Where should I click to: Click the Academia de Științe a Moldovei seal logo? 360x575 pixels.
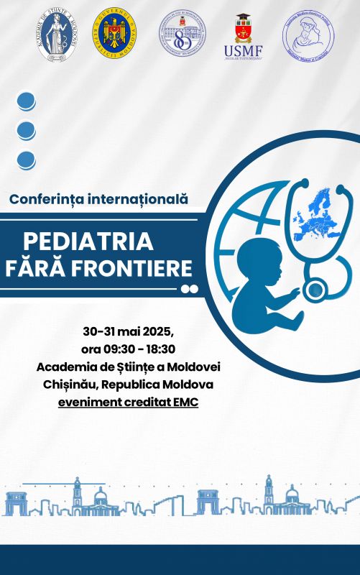point(57,33)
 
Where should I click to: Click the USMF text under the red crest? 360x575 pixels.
point(243,51)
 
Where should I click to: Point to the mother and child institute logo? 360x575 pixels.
point(308,33)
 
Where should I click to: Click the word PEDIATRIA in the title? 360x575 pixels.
point(88,241)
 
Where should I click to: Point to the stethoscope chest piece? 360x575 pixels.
point(314,290)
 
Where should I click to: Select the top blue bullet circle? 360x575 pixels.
point(26,100)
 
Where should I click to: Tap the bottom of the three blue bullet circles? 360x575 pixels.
point(26,160)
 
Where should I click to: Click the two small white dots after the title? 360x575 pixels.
point(189,289)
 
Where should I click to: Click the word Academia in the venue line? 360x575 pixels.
point(65,367)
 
